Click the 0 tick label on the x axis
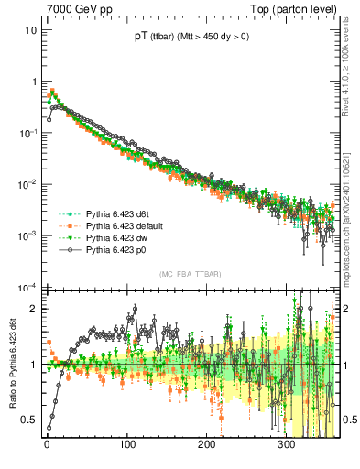tap(47, 446)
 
